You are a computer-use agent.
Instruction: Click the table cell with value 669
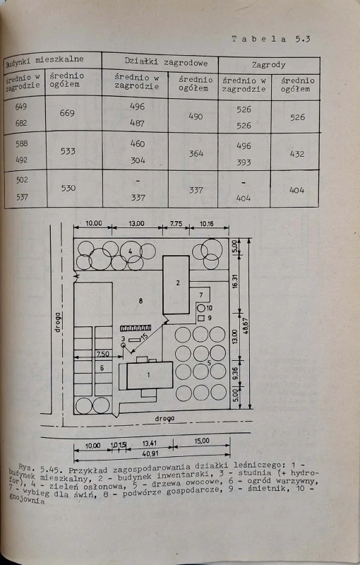pyautogui.click(x=67, y=113)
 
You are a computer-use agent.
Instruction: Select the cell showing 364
pyautogui.click(x=196, y=153)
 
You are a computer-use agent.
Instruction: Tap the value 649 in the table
pyautogui.click(x=21, y=107)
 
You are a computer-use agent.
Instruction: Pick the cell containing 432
pyautogui.click(x=297, y=154)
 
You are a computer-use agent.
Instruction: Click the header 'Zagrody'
pyautogui.click(x=268, y=65)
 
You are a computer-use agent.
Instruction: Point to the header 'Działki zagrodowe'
pyautogui.click(x=166, y=61)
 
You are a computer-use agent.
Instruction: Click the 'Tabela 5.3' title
pyautogui.click(x=271, y=39)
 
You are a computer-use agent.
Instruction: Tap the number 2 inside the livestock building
pyautogui.click(x=177, y=283)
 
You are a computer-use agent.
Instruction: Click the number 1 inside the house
pyautogui.click(x=148, y=375)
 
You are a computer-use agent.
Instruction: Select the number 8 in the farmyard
pyautogui.click(x=140, y=300)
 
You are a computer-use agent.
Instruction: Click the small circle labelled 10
pyautogui.click(x=201, y=308)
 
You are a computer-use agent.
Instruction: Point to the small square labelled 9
pyautogui.click(x=201, y=319)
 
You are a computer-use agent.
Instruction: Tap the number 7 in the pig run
pyautogui.click(x=201, y=295)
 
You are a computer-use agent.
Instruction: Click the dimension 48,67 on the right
pyautogui.click(x=246, y=326)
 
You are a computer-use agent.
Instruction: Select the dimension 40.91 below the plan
pyautogui.click(x=150, y=453)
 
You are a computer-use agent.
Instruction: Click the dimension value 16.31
pyautogui.click(x=235, y=281)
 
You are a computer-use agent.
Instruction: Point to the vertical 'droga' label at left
pyautogui.click(x=58, y=322)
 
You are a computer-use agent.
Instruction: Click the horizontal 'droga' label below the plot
pyautogui.click(x=164, y=419)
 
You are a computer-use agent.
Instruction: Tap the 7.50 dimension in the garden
pyautogui.click(x=102, y=354)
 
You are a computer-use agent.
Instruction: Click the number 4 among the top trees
pyautogui.click(x=131, y=251)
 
